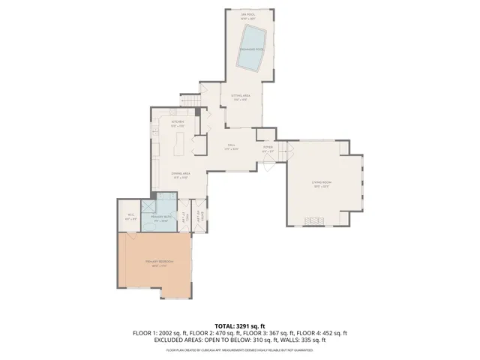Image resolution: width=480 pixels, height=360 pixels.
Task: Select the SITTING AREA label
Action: (240, 97)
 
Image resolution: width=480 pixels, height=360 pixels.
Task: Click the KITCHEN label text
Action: (178, 123)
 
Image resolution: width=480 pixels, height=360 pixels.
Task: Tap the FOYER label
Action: (267, 148)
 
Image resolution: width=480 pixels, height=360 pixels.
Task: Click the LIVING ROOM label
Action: (322, 184)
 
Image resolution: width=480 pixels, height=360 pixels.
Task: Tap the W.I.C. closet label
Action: (130, 217)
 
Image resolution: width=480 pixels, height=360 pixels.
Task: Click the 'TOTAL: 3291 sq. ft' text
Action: (240, 325)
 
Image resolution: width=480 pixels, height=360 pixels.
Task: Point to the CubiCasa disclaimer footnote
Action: (240, 349)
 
